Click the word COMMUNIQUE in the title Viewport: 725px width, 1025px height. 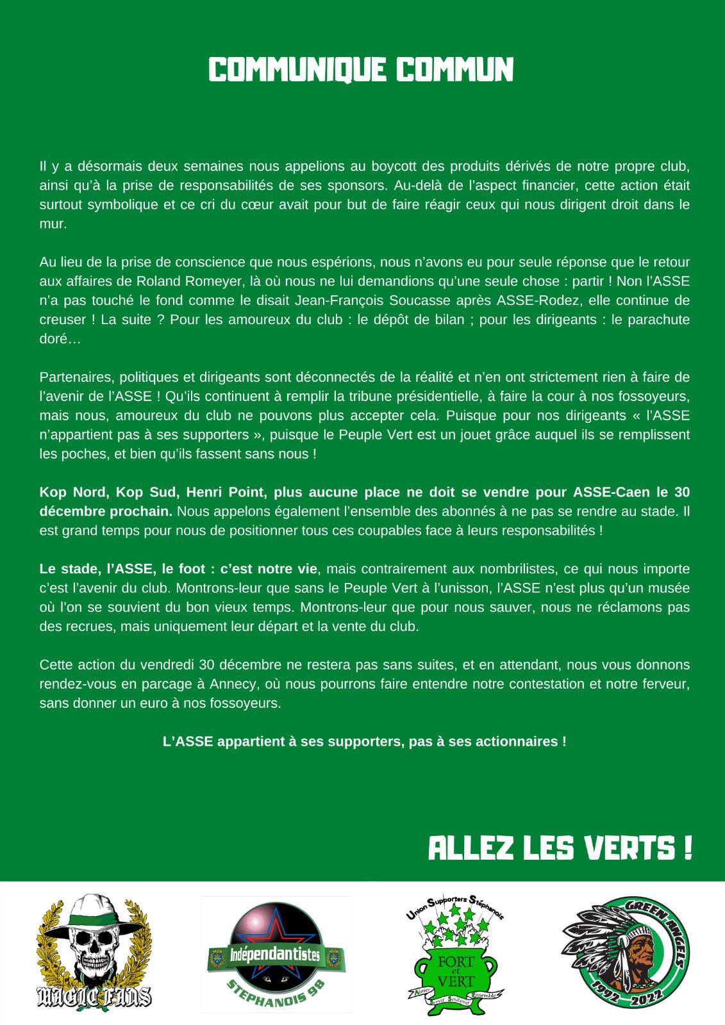(297, 70)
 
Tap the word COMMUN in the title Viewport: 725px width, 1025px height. (454, 70)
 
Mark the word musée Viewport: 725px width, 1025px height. (669, 588)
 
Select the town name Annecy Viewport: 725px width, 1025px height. (231, 684)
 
